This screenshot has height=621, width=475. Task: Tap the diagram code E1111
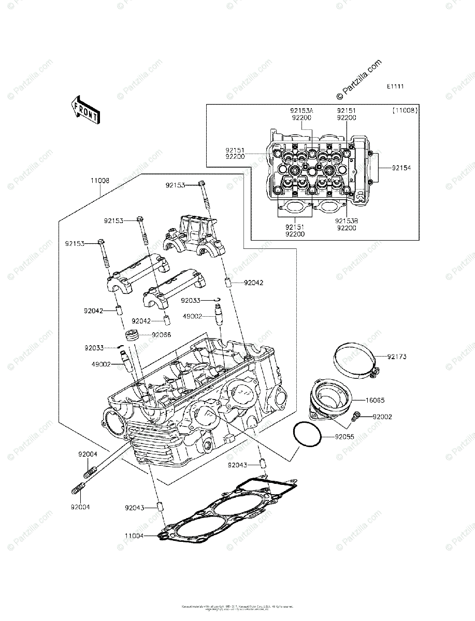395,86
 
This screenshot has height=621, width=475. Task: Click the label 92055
344,437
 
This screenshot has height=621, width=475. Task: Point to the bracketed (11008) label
405,111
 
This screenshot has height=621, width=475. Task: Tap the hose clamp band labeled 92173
353,359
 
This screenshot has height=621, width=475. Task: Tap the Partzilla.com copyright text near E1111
358,79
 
